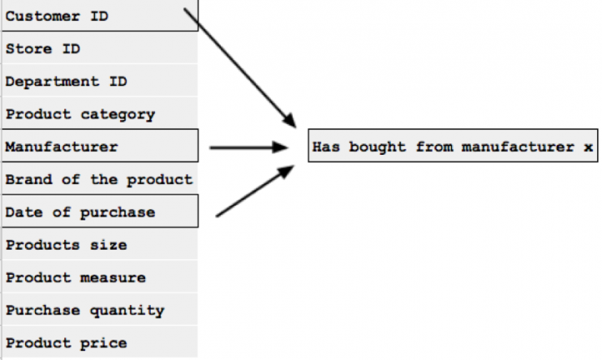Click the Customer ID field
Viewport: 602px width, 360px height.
tap(99, 16)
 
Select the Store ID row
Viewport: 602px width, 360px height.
tap(99, 49)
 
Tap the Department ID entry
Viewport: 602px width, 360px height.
tap(99, 82)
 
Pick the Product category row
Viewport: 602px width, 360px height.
tap(99, 114)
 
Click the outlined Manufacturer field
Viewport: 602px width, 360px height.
tap(99, 147)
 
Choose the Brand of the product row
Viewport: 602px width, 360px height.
tap(99, 179)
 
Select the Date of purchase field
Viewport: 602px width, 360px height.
tap(99, 212)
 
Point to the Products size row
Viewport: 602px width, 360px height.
tap(99, 245)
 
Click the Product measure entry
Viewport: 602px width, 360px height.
tap(99, 277)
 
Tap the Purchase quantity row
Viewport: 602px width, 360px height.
tap(99, 310)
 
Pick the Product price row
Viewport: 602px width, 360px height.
tap(99, 343)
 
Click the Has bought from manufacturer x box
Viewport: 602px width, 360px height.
tap(453, 147)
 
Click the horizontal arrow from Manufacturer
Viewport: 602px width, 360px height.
tap(248, 148)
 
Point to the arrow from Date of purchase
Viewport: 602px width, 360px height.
tap(254, 191)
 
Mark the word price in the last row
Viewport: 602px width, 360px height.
tap(103, 343)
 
